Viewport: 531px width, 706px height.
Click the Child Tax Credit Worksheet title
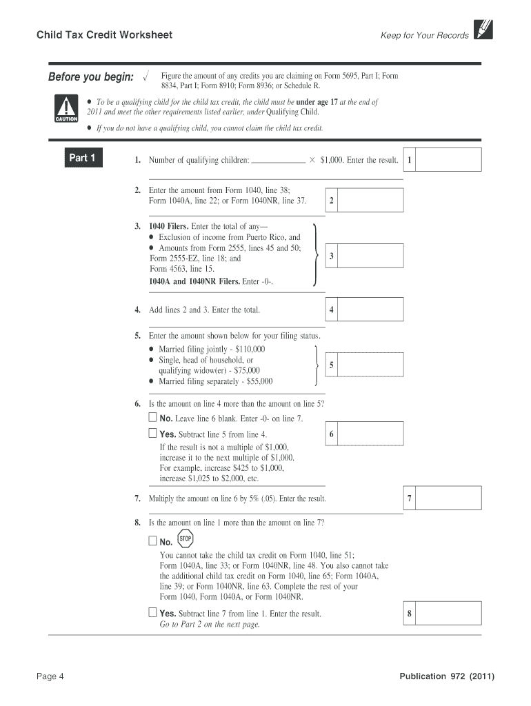click(x=105, y=34)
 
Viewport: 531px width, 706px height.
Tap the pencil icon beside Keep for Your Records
click(x=483, y=29)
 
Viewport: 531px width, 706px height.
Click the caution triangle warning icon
click(x=66, y=108)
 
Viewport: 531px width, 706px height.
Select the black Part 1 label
click(x=82, y=158)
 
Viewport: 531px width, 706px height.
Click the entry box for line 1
click(x=449, y=160)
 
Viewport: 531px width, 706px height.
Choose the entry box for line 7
click(x=449, y=498)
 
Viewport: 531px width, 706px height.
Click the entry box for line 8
click(x=449, y=614)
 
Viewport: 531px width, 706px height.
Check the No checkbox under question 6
click(x=152, y=418)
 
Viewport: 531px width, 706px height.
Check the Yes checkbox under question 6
click(x=152, y=434)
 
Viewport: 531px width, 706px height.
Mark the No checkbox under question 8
click(x=152, y=541)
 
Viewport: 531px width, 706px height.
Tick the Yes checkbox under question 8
click(x=152, y=612)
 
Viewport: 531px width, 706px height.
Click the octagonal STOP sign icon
click(x=185, y=539)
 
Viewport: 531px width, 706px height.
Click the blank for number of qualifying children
click(x=279, y=160)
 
